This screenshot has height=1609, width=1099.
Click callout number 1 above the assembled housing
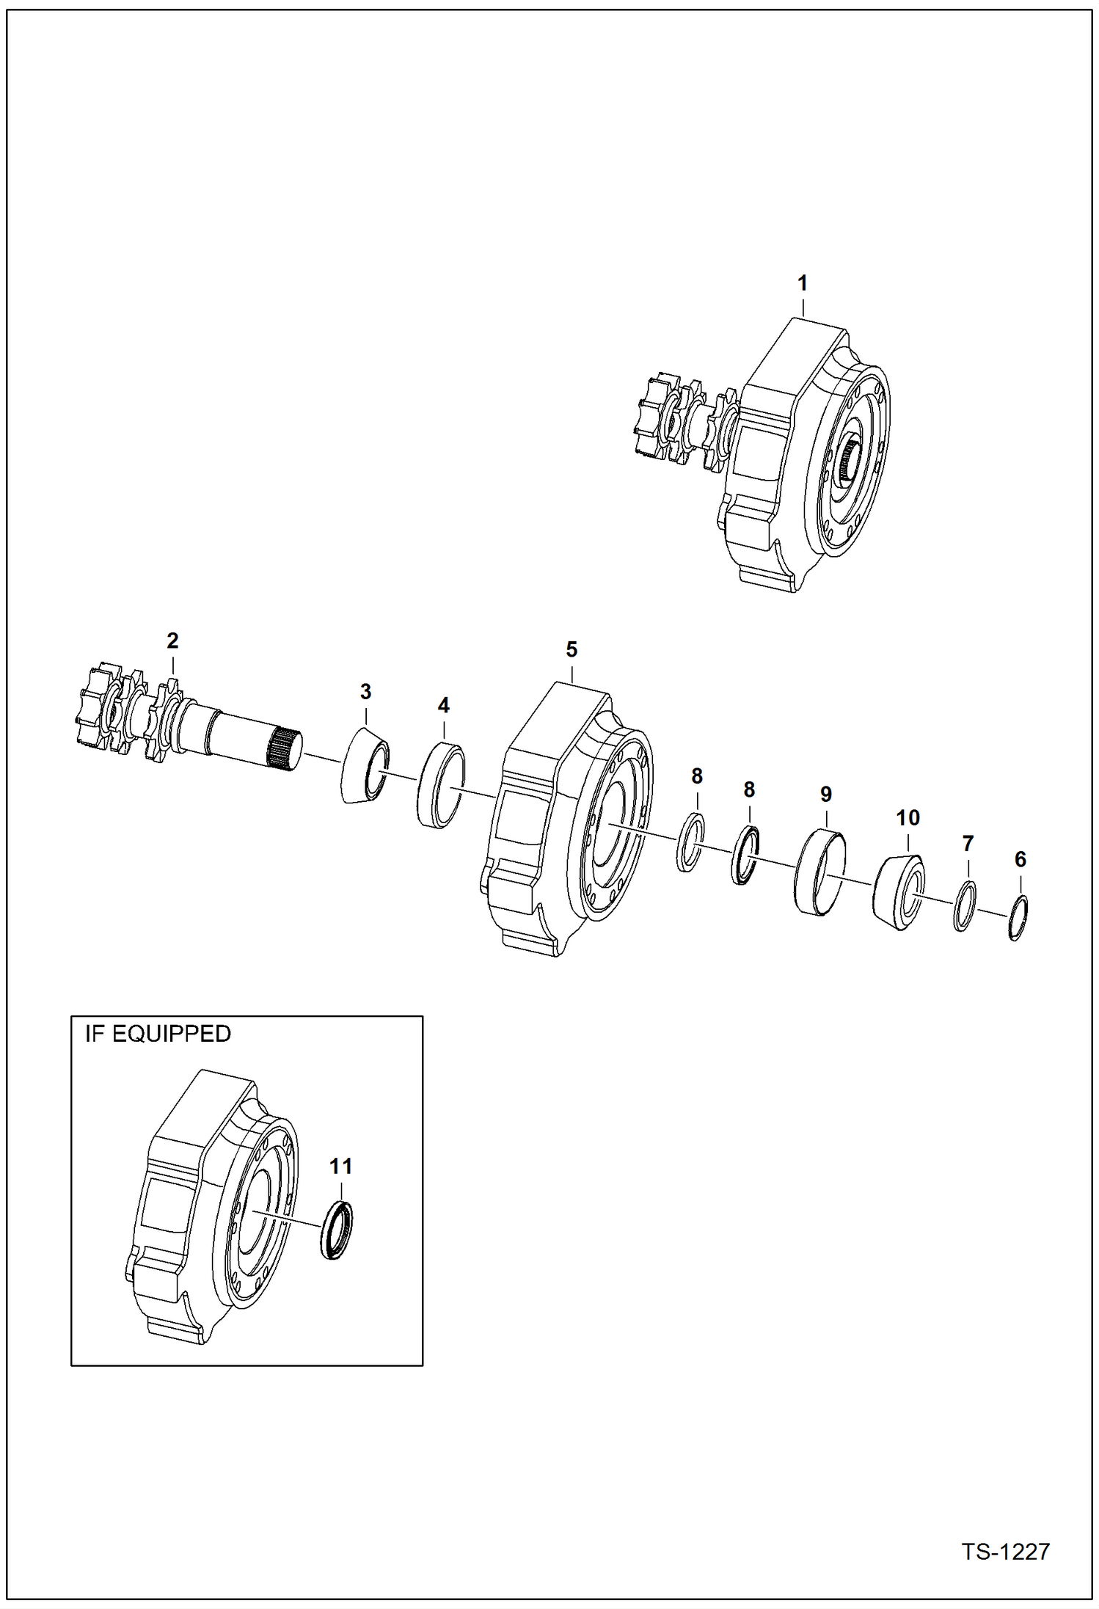(802, 282)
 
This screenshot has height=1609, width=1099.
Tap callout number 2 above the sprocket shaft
(172, 641)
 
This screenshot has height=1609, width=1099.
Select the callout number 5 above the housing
(572, 649)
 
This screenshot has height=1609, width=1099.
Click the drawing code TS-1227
(1005, 1551)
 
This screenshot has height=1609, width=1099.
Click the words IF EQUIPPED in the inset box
(158, 1034)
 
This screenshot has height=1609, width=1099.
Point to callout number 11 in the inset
(340, 1166)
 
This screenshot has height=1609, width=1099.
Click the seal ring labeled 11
(337, 1230)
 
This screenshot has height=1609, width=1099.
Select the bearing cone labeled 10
(899, 891)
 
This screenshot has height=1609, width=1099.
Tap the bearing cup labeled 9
(819, 871)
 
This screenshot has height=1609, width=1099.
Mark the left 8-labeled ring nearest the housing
(690, 842)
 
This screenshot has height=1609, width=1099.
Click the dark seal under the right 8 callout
(745, 855)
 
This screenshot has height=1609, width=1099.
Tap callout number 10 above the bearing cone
(908, 817)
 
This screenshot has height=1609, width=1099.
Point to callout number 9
(825, 794)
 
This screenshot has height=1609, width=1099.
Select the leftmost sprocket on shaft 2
(98, 706)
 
